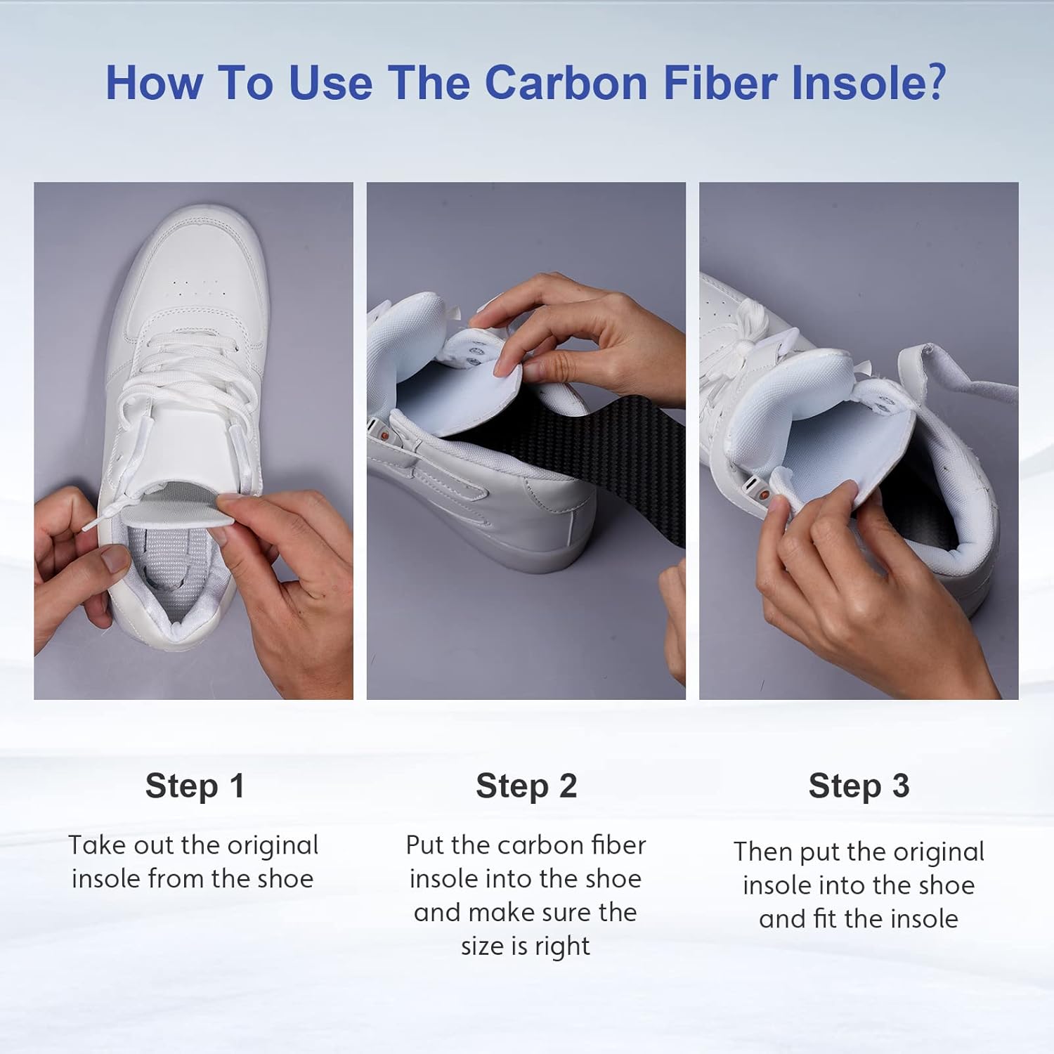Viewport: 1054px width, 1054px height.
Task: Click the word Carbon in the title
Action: click(x=566, y=83)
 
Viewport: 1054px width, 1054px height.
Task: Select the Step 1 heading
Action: click(x=195, y=786)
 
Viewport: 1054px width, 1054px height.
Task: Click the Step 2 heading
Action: click(x=526, y=786)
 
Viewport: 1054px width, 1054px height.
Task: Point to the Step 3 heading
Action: click(x=859, y=786)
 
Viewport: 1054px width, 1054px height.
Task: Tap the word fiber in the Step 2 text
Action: click(x=619, y=845)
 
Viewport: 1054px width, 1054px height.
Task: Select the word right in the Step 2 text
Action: click(x=562, y=946)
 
